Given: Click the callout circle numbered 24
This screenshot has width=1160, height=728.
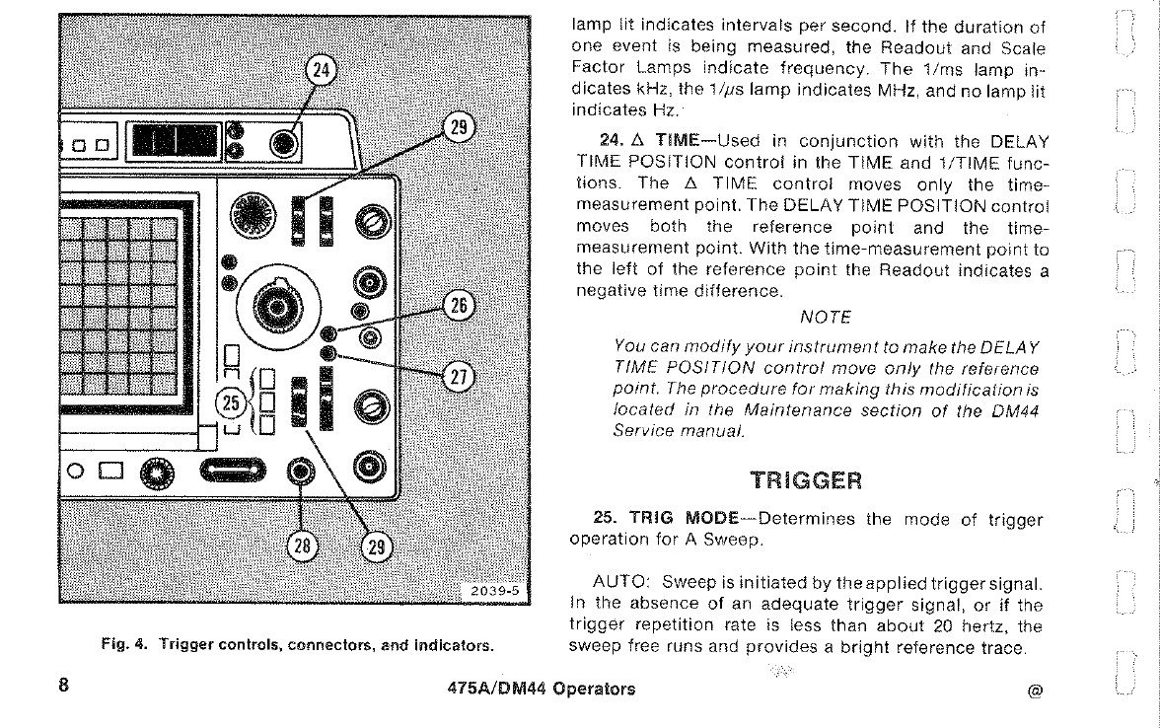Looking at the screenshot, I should pos(321,70).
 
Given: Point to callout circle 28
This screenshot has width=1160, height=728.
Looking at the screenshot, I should pos(301,546).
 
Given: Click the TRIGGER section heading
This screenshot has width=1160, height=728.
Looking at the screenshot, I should pos(805,480).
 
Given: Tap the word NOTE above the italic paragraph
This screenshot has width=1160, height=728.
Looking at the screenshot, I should pos(826,317).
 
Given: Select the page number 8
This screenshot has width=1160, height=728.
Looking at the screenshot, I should pos(63,688).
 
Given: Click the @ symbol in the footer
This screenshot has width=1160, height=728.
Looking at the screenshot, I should pos(1034,691).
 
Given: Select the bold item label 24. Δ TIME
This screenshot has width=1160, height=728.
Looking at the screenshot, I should pos(646,141).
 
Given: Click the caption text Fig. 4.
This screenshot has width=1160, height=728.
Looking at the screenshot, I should pos(123,647).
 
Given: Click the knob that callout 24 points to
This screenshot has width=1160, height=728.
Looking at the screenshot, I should pos(284,144).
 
